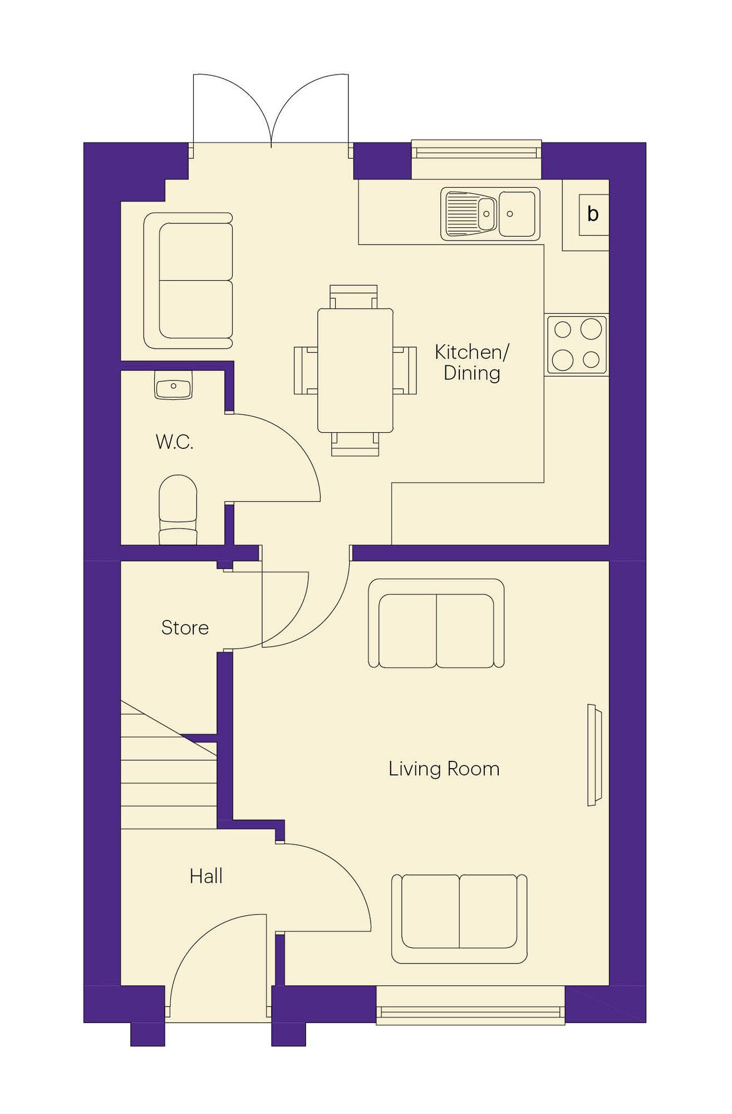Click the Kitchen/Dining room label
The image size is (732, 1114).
tap(471, 363)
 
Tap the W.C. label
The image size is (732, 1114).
tap(174, 442)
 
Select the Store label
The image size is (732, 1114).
tap(185, 628)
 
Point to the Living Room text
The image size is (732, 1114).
tap(444, 769)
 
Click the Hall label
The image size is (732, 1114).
tap(206, 876)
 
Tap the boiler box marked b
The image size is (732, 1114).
tap(593, 214)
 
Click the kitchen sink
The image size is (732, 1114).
tap(490, 214)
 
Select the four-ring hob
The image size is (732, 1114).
tap(577, 345)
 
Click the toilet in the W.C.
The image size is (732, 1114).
tap(178, 510)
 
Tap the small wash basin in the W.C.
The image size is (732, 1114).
tap(174, 385)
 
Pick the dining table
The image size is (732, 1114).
tap(355, 370)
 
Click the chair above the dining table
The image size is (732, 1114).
tap(353, 297)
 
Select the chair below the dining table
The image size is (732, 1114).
tap(355, 444)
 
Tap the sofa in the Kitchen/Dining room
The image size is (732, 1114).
tap(188, 281)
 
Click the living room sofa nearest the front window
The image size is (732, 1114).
tap(459, 918)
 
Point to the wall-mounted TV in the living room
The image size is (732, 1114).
tap(595, 755)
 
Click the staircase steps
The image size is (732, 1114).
tap(169, 764)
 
